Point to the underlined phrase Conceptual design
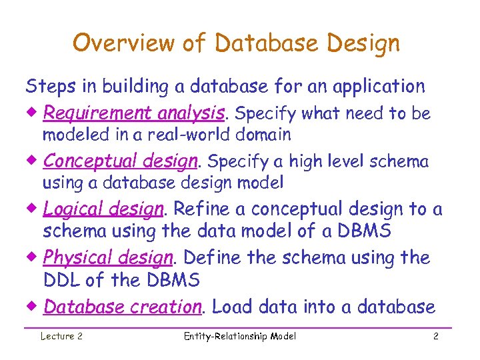121,162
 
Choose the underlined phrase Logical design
103,209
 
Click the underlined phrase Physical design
107,258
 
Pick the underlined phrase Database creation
122,307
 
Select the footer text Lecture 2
61,337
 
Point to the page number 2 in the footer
435,337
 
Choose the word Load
232,307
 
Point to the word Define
213,258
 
